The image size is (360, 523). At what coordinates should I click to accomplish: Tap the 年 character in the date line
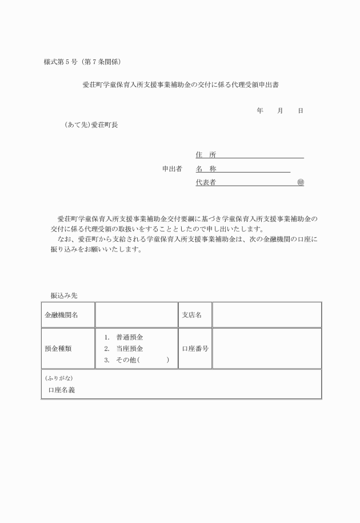[260, 110]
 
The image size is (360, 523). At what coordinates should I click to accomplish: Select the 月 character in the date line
[280, 110]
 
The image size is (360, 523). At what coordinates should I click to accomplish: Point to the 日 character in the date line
[300, 110]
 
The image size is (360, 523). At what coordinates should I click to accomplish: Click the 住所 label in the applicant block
[205, 155]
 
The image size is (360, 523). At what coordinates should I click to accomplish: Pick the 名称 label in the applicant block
[205, 169]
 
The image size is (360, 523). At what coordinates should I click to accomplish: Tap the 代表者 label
[205, 182]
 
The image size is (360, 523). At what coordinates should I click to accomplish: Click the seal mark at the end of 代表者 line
[301, 182]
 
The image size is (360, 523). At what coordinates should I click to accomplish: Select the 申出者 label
[172, 169]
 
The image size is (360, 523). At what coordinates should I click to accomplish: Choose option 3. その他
[136, 360]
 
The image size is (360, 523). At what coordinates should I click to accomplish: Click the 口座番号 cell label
[195, 348]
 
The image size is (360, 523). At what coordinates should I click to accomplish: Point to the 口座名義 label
[62, 390]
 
